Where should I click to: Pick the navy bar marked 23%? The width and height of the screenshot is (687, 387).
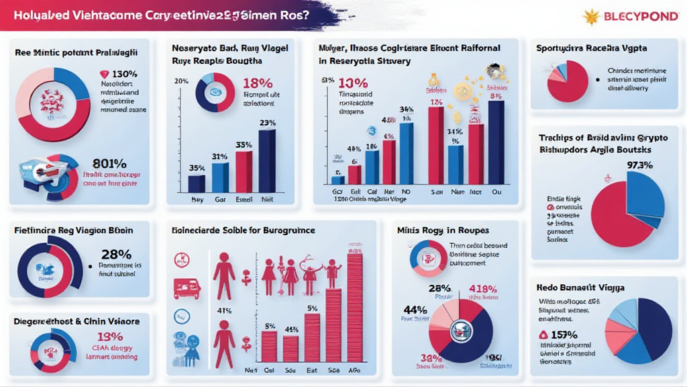(x=266, y=161)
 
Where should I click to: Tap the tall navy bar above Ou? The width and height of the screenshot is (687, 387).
(x=496, y=142)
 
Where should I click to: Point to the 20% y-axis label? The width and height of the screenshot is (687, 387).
(x=181, y=82)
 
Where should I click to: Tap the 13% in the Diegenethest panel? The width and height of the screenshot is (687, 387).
(x=110, y=337)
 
